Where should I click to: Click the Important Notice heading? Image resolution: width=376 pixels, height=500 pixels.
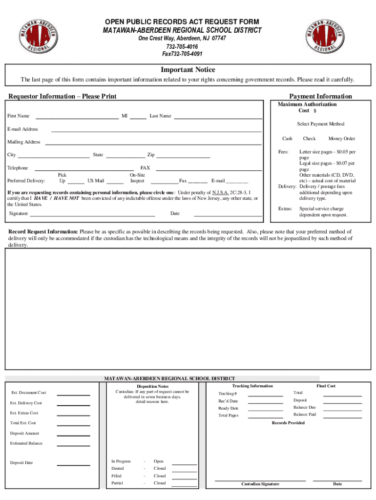click(188, 70)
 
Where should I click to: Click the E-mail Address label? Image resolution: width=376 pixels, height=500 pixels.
click(22, 129)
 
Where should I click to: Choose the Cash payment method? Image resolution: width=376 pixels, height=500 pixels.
click(287, 139)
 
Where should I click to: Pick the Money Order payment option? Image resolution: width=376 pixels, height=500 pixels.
click(341, 139)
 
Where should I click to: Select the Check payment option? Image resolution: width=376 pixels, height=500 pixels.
click(309, 139)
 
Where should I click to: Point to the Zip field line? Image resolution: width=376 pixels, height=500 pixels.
click(183, 157)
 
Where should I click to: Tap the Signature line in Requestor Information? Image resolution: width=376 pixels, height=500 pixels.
click(92, 215)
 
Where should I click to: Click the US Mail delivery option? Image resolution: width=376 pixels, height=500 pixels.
click(96, 181)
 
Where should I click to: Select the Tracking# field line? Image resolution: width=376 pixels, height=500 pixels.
click(265, 396)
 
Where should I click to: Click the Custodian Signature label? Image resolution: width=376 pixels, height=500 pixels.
click(260, 484)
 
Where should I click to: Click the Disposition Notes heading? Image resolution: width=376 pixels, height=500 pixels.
click(152, 386)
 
